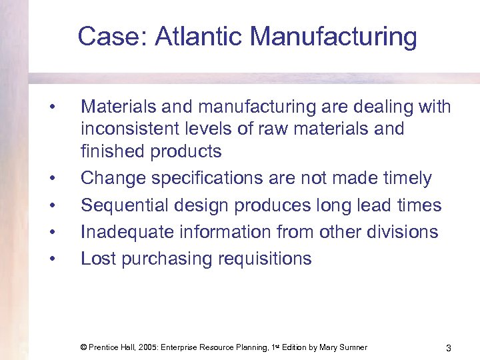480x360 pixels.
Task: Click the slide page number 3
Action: (449, 348)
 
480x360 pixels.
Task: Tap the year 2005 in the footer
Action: (153, 347)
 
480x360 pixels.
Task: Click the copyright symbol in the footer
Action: (83, 347)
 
